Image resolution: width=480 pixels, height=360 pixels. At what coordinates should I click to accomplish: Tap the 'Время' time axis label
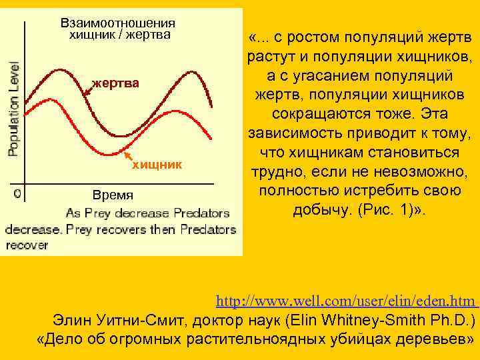tap(113, 195)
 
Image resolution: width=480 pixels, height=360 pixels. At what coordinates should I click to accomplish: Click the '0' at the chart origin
tap(17, 194)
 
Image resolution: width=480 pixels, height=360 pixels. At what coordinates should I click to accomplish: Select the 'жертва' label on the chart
tap(116, 83)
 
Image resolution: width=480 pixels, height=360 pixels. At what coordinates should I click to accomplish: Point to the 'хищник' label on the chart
tap(157, 163)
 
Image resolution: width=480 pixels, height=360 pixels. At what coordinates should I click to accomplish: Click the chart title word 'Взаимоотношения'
tap(118, 23)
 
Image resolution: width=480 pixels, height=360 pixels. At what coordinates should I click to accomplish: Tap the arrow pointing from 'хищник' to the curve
tap(125, 151)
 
